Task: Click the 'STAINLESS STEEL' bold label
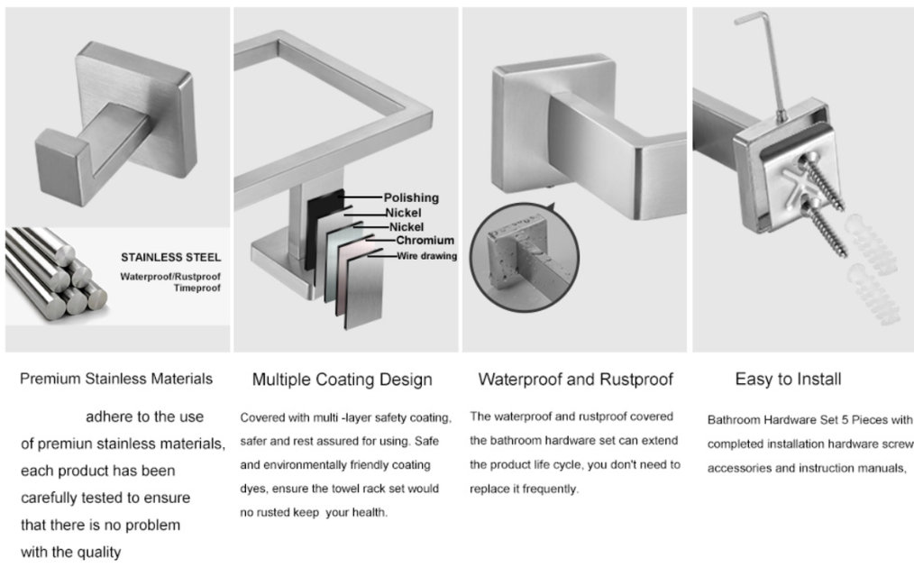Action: coord(171,257)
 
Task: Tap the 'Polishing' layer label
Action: coord(411,197)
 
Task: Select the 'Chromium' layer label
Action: coord(425,240)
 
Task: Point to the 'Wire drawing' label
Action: coord(426,256)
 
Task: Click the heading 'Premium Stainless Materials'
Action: coord(116,379)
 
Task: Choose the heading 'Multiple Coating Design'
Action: coord(342,380)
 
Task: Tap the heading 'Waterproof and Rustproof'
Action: coord(575,380)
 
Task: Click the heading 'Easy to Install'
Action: coord(788,380)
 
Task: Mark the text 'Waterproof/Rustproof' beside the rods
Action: coord(170,276)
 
